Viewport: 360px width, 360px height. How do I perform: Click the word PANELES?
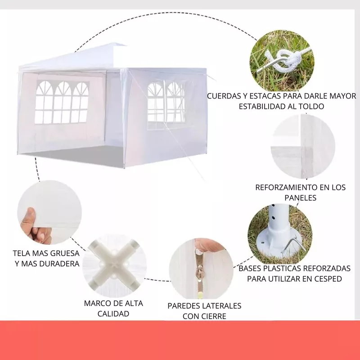point(300,198)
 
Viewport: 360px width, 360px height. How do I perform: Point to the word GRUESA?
point(65,253)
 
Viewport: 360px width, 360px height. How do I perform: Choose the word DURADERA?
point(59,264)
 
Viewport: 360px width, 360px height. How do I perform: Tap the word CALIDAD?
point(113,314)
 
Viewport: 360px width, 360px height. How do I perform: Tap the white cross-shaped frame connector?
point(115,265)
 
